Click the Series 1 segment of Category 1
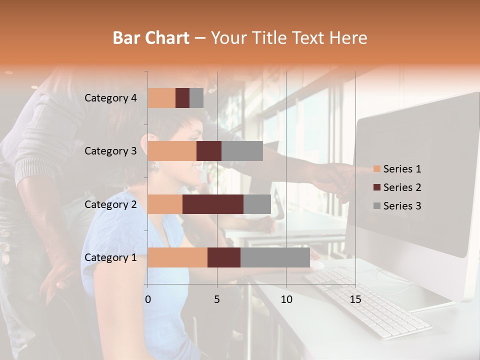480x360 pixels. [177, 257]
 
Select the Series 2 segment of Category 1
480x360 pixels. [224, 257]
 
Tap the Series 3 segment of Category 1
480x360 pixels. [275, 257]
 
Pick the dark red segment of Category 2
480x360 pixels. [213, 204]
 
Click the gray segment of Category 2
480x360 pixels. [257, 204]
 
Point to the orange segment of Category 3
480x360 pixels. [172, 151]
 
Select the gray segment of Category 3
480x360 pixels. [242, 151]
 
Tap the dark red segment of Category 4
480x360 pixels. [182, 98]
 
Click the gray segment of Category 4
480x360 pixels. [196, 98]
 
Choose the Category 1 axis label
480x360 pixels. [110, 257]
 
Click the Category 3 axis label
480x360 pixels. [110, 151]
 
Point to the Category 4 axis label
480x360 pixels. [110, 98]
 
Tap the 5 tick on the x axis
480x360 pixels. [217, 299]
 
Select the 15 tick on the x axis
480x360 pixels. [355, 299]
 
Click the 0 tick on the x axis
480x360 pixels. [148, 299]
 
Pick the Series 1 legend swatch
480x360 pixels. [376, 169]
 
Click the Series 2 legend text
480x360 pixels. [402, 187]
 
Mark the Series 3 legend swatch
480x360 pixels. [376, 206]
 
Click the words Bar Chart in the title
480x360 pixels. [151, 38]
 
